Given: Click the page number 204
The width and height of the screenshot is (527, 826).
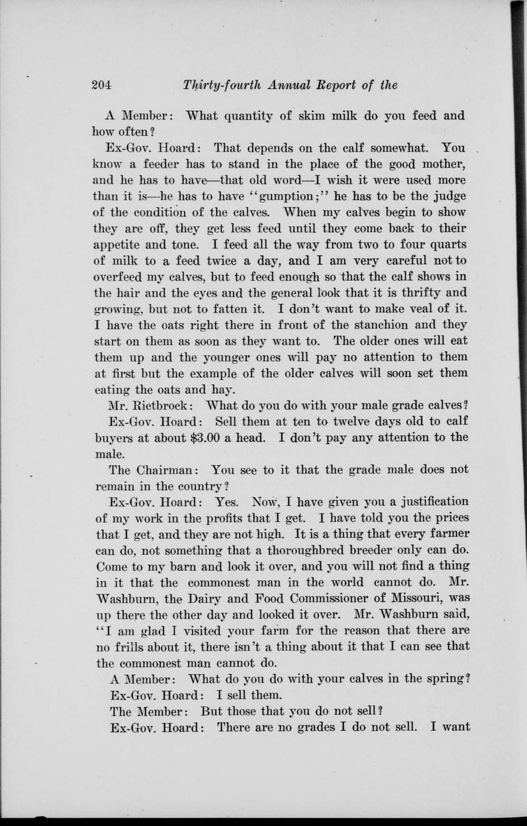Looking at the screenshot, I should point(102,85).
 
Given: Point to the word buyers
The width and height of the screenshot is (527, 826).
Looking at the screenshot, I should point(114,438).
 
